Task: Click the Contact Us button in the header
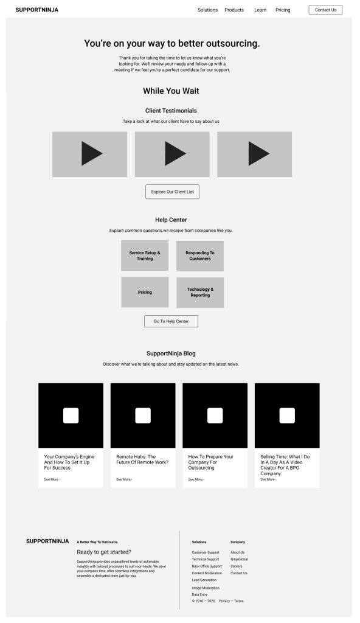[325, 10]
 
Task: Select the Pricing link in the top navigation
[283, 10]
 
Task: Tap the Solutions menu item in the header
[207, 10]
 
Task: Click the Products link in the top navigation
[234, 10]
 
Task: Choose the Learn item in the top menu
[260, 10]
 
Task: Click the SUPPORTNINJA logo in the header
[37, 10]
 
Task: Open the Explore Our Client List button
[173, 192]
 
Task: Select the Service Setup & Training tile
[145, 256]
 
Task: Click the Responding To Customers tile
[200, 256]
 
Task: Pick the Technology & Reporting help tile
[200, 293]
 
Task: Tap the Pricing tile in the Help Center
[145, 292]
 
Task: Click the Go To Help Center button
[171, 321]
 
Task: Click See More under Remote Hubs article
[125, 479]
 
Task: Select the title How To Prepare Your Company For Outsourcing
[211, 462]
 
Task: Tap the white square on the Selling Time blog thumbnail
[287, 416]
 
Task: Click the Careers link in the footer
[237, 566]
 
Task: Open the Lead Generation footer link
[204, 580]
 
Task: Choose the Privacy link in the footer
[224, 601]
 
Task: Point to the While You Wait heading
[171, 91]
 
